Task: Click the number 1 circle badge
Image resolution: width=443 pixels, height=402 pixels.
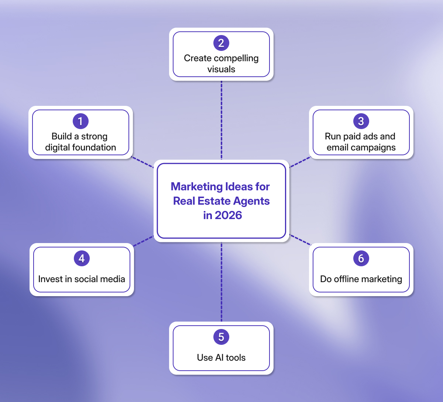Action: coord(80,121)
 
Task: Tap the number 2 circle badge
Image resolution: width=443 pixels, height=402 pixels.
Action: coord(221,43)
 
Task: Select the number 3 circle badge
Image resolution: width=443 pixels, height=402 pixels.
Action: coord(361,121)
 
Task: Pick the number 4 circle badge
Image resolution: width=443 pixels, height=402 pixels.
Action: coord(82,259)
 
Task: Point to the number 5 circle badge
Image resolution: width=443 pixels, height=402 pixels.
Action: coord(221,337)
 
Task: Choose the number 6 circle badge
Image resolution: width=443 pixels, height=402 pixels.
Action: coord(361,259)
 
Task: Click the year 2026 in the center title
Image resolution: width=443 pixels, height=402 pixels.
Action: coord(228,215)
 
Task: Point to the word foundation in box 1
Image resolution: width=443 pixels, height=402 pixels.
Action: coord(95,148)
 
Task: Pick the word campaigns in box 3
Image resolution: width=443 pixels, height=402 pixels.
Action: coord(373,148)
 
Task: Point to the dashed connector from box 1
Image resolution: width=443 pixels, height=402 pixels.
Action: coord(143,163)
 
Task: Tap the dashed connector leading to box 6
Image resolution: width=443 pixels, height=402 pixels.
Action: coord(301,240)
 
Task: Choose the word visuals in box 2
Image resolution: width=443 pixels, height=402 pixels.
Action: coord(221,69)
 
